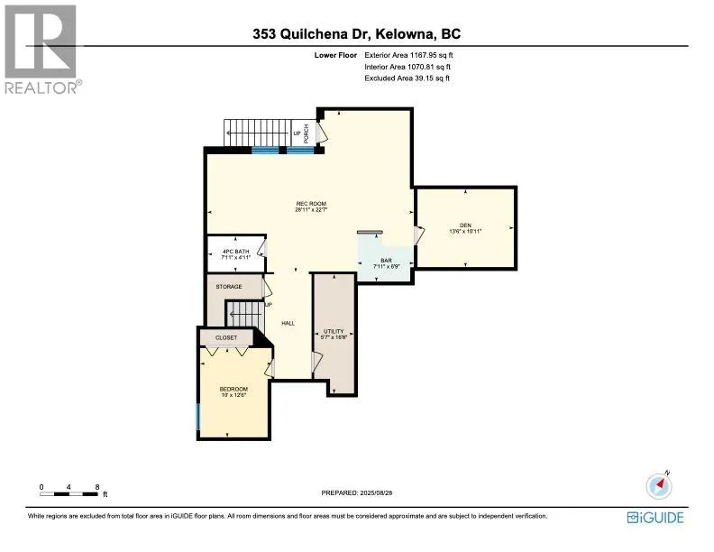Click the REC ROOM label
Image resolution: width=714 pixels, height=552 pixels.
click(x=310, y=204)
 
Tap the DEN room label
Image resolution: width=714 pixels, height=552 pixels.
click(x=465, y=225)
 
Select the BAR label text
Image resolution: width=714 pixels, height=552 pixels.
click(x=386, y=260)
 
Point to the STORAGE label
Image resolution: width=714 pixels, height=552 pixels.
click(x=229, y=287)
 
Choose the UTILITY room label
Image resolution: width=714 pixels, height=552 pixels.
click(x=333, y=331)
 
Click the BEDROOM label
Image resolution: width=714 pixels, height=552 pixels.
click(x=233, y=389)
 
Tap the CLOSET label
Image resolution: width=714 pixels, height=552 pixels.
click(x=225, y=337)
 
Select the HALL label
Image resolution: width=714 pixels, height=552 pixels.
click(x=288, y=323)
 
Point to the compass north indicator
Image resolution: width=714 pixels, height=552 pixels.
click(x=660, y=485)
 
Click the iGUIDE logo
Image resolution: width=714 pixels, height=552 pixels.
click(x=655, y=517)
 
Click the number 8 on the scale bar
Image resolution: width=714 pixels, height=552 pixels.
click(x=96, y=487)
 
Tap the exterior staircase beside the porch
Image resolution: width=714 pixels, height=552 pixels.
click(x=255, y=133)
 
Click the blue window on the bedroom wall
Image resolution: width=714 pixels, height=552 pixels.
click(x=198, y=416)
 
